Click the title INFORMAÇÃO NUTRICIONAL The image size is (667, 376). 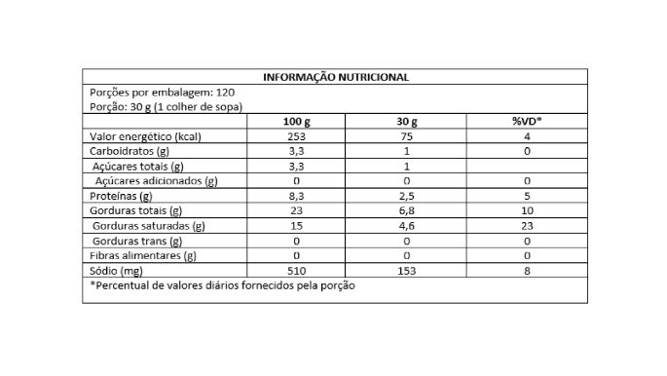[336, 77]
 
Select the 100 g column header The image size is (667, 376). [296, 122]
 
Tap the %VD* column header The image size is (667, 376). [526, 122]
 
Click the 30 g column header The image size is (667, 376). [408, 122]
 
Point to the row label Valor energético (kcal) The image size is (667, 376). [145, 137]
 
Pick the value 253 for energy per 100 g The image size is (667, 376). [296, 137]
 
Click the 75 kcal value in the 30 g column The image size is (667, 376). [408, 137]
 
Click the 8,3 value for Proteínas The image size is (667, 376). [296, 197]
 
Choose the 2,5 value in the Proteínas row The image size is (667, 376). [408, 197]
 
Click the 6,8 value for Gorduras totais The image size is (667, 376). [408, 211]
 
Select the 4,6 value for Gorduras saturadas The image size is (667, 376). [408, 226]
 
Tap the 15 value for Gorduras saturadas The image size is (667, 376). [296, 226]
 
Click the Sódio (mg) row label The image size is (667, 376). [116, 271]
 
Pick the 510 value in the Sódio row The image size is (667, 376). [296, 271]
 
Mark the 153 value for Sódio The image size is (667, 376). [408, 271]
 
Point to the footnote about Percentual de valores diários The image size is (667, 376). [222, 286]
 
